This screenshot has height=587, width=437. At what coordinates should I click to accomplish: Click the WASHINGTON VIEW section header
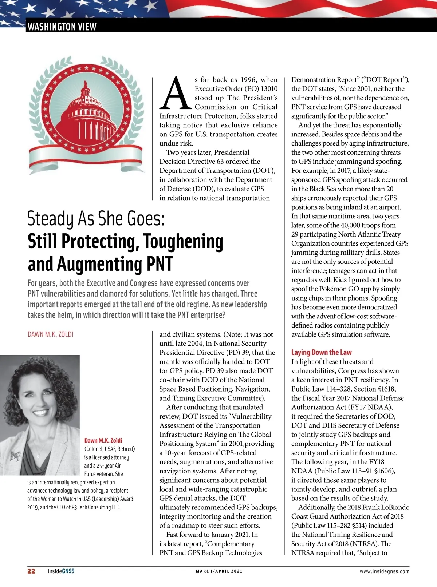click(62, 27)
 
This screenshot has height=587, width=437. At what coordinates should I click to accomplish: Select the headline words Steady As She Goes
click(96, 219)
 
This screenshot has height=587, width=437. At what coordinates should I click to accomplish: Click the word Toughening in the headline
click(183, 242)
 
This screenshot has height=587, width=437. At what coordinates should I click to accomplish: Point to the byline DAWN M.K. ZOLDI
click(50, 334)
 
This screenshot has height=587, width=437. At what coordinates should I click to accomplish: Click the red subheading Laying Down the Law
click(321, 352)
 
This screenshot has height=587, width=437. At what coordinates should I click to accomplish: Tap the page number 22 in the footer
click(31, 571)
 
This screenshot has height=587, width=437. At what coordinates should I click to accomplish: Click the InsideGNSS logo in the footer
click(61, 571)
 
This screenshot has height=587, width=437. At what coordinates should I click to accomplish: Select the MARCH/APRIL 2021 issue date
click(219, 571)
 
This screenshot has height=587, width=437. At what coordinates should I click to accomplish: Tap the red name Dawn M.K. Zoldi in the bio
click(103, 440)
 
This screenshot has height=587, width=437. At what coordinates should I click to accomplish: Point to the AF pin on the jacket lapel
click(15, 456)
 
